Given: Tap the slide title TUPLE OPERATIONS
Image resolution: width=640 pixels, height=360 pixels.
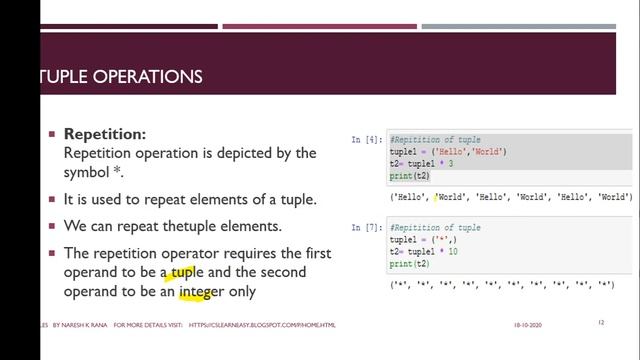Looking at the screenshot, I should [x=119, y=76].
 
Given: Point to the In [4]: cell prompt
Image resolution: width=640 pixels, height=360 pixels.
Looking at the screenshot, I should [x=366, y=141].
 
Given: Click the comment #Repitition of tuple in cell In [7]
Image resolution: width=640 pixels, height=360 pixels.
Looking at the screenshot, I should [x=435, y=228].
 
